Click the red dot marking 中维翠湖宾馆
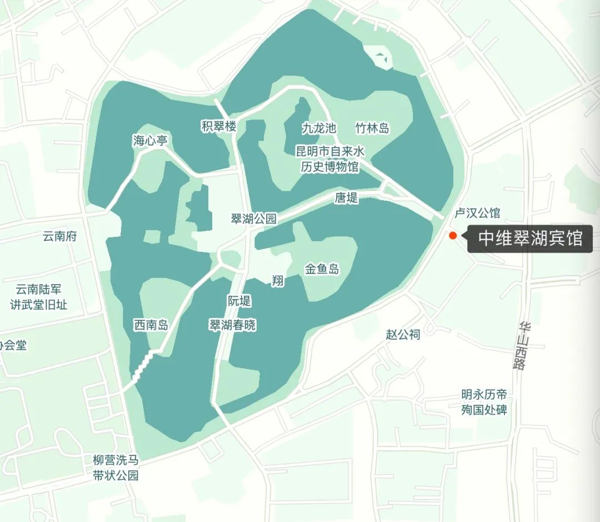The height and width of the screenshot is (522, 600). coord(453,235)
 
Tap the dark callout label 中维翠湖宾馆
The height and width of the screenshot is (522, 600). coord(530,239)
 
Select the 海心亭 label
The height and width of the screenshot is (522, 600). coord(150,140)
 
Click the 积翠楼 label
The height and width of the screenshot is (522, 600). coord(219,127)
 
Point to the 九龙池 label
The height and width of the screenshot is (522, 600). coord(319,128)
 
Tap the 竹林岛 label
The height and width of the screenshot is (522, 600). coord(372,128)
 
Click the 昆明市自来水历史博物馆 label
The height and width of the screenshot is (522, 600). coord(327,158)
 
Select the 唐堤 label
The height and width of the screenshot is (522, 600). coord(346,197)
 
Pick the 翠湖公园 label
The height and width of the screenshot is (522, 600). coord(253,218)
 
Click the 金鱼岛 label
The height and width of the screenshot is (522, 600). coord(322,270)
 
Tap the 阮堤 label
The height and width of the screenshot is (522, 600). coord(239,301)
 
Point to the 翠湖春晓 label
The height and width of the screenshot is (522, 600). coord(232,325)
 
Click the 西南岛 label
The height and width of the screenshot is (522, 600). coord(151,325)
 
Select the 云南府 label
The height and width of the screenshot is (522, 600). coord(60,236)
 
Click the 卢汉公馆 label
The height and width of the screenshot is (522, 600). coord(477,213)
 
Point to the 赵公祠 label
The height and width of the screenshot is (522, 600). coord(403,334)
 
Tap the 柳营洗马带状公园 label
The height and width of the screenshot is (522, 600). coord(116,468)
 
